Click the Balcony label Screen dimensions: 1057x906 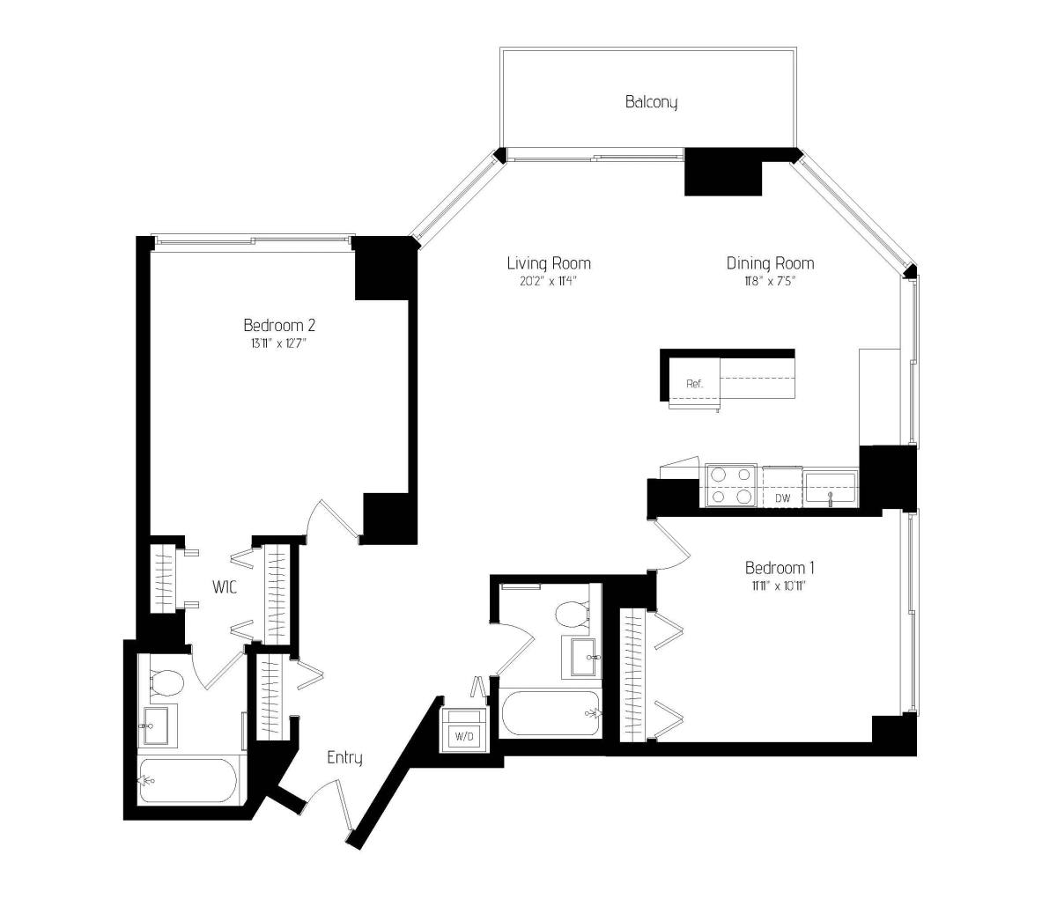[x=651, y=102]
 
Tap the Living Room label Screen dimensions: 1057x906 [x=549, y=263]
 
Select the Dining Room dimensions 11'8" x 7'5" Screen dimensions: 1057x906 [x=770, y=281]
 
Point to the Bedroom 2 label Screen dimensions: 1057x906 [x=279, y=325]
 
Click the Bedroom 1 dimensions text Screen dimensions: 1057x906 [x=780, y=586]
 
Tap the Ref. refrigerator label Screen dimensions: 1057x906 [x=694, y=384]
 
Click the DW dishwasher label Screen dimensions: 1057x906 [x=782, y=498]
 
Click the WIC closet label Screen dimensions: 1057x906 [x=225, y=587]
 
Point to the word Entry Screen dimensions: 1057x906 [x=344, y=758]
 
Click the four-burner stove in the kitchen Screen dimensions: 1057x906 [x=731, y=486]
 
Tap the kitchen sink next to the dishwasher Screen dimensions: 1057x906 [x=831, y=488]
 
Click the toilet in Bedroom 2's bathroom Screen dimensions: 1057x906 [x=166, y=682]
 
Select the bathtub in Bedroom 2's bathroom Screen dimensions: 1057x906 [x=188, y=781]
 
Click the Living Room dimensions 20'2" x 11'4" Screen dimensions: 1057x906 [x=548, y=281]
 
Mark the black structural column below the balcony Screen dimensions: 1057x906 [x=723, y=172]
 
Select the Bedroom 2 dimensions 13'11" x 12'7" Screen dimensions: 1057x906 [x=278, y=343]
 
